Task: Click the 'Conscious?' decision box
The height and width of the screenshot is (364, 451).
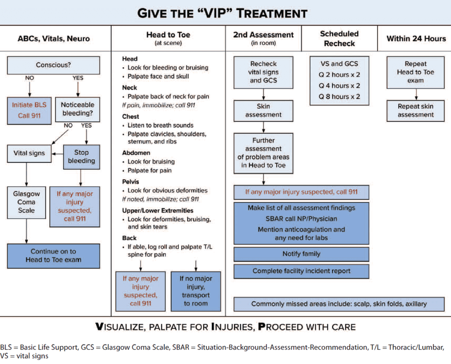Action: [53, 65]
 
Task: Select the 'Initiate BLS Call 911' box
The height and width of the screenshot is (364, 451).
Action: [30, 110]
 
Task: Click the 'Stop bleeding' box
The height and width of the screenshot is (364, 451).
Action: [81, 156]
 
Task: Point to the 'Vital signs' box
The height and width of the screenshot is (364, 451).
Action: [29, 153]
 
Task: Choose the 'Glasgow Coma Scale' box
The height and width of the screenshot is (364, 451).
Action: [26, 202]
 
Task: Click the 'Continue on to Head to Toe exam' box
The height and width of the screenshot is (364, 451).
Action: [53, 256]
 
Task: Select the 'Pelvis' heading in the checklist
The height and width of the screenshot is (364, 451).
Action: [130, 181]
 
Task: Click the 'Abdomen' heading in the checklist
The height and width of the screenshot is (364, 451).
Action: [136, 153]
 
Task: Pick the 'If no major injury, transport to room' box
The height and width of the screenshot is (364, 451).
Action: [196, 291]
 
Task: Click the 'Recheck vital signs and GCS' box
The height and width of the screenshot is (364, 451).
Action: [263, 72]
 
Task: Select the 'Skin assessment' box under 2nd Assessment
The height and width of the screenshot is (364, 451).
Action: [263, 110]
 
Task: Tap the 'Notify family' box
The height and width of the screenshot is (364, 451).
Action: [301, 254]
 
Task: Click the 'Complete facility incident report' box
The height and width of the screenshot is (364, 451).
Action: [301, 271]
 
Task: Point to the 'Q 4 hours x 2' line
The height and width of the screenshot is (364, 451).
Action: [339, 85]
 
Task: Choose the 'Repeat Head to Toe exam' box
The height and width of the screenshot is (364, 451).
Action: [416, 72]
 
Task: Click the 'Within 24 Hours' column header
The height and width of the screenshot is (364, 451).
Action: [416, 38]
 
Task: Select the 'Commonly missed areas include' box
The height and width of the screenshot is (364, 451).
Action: [339, 304]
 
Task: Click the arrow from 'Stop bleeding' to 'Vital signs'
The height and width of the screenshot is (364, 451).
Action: [57, 154]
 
